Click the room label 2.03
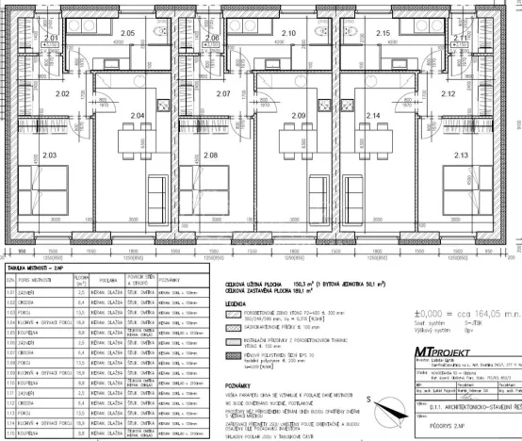coord(50,155)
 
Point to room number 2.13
coord(461,155)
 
